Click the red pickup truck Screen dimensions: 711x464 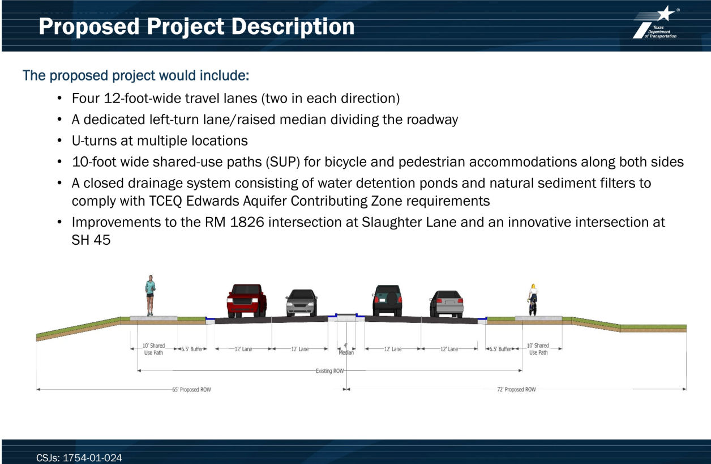247,300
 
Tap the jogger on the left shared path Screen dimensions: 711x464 150,295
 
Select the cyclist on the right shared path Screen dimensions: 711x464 533,300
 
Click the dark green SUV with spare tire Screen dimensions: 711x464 387,300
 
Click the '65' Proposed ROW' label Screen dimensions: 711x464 191,389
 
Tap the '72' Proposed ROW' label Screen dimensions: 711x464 516,389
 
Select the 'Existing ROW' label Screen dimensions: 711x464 330,371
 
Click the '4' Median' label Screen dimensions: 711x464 346,349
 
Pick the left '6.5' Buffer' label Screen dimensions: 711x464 192,349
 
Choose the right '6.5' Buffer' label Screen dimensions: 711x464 500,349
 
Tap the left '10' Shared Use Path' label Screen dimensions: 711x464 153,349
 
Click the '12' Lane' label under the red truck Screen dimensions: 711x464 243,349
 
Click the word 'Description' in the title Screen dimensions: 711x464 293,27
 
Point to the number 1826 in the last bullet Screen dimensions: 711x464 247,222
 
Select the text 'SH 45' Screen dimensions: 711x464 91,240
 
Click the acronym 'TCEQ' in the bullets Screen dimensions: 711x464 165,201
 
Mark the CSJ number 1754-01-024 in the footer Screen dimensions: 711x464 92,458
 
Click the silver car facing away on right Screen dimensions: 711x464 447,304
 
